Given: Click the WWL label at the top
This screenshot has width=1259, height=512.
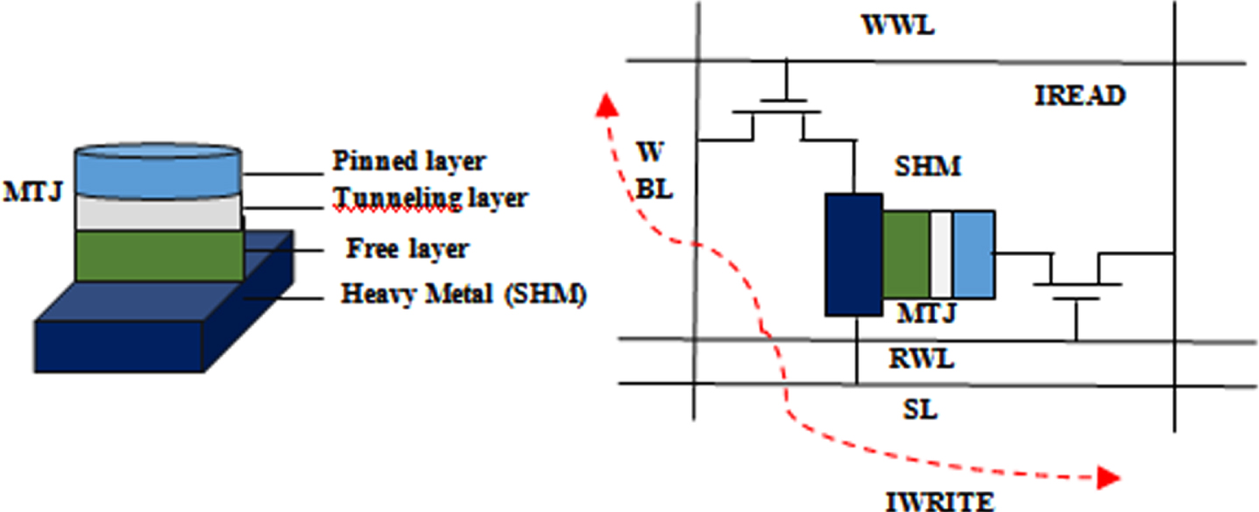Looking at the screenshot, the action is pyautogui.click(x=898, y=25).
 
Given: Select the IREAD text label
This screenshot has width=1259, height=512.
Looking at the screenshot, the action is pyautogui.click(x=1079, y=96).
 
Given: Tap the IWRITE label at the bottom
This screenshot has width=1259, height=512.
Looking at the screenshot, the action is pyautogui.click(x=940, y=501).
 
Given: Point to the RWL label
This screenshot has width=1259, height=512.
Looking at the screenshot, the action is pyautogui.click(x=922, y=359).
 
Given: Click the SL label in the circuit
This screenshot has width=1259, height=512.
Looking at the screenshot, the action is pyautogui.click(x=920, y=409).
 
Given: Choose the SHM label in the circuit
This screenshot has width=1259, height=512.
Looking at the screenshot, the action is pyautogui.click(x=928, y=166).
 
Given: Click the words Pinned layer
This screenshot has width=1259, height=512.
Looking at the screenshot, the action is pyautogui.click(x=408, y=161).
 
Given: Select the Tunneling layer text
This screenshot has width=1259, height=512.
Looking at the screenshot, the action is pyautogui.click(x=430, y=198).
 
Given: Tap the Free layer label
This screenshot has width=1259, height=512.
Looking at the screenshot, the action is pyautogui.click(x=407, y=248).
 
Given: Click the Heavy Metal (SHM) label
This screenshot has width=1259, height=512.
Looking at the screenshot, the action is pyautogui.click(x=463, y=293).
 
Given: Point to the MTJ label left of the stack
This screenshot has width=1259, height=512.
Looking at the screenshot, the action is pyautogui.click(x=32, y=192).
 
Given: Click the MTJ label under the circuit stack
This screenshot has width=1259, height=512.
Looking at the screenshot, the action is pyautogui.click(x=926, y=313).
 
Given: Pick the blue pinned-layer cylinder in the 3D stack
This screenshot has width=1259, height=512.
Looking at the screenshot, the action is pyautogui.click(x=159, y=170).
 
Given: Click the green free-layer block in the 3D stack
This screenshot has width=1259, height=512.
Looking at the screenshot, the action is pyautogui.click(x=159, y=256).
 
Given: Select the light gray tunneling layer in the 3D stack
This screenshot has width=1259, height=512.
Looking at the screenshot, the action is pyautogui.click(x=159, y=213).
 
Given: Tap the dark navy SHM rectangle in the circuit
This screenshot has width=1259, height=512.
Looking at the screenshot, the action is pyautogui.click(x=853, y=254).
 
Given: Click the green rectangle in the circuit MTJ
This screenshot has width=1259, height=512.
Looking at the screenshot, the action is pyautogui.click(x=906, y=254).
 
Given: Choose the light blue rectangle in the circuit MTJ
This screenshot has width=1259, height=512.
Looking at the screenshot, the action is pyautogui.click(x=974, y=254).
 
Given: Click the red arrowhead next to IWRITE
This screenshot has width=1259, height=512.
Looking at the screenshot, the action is pyautogui.click(x=1108, y=478).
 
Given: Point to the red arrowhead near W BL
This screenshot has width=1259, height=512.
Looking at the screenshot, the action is pyautogui.click(x=607, y=105).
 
